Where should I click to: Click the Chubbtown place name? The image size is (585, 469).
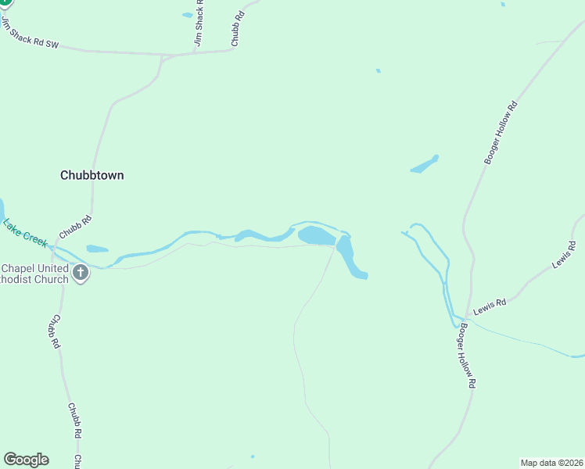[x=92, y=175]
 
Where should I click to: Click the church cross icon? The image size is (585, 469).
[x=80, y=273]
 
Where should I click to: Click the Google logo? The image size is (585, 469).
[x=26, y=460]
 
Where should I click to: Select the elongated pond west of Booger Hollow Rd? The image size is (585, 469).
[x=425, y=164]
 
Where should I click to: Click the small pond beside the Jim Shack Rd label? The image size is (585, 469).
[x=188, y=14]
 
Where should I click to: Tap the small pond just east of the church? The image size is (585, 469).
[x=97, y=249]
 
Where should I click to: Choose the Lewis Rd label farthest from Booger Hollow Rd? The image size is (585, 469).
[x=563, y=255]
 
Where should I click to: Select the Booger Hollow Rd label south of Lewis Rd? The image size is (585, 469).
[x=468, y=356]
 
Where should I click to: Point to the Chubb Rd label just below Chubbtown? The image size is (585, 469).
[x=70, y=228]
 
